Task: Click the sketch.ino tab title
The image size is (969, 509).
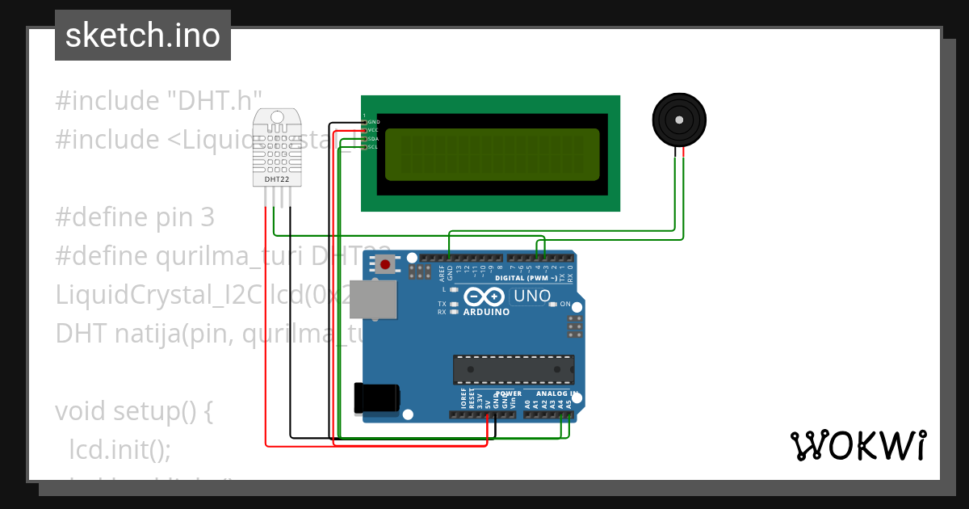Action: click(x=142, y=36)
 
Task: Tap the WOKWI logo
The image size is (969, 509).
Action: click(x=858, y=445)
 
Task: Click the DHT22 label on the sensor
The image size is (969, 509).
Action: click(x=277, y=179)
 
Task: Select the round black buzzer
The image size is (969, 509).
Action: click(x=679, y=120)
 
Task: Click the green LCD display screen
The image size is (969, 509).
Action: click(x=492, y=154)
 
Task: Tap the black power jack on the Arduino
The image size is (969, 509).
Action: click(x=376, y=397)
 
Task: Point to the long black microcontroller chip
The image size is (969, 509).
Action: click(x=514, y=368)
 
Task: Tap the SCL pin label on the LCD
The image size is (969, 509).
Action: click(x=373, y=147)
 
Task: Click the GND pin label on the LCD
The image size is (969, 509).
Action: click(x=373, y=122)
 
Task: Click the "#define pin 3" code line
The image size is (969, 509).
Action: click(x=135, y=217)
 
